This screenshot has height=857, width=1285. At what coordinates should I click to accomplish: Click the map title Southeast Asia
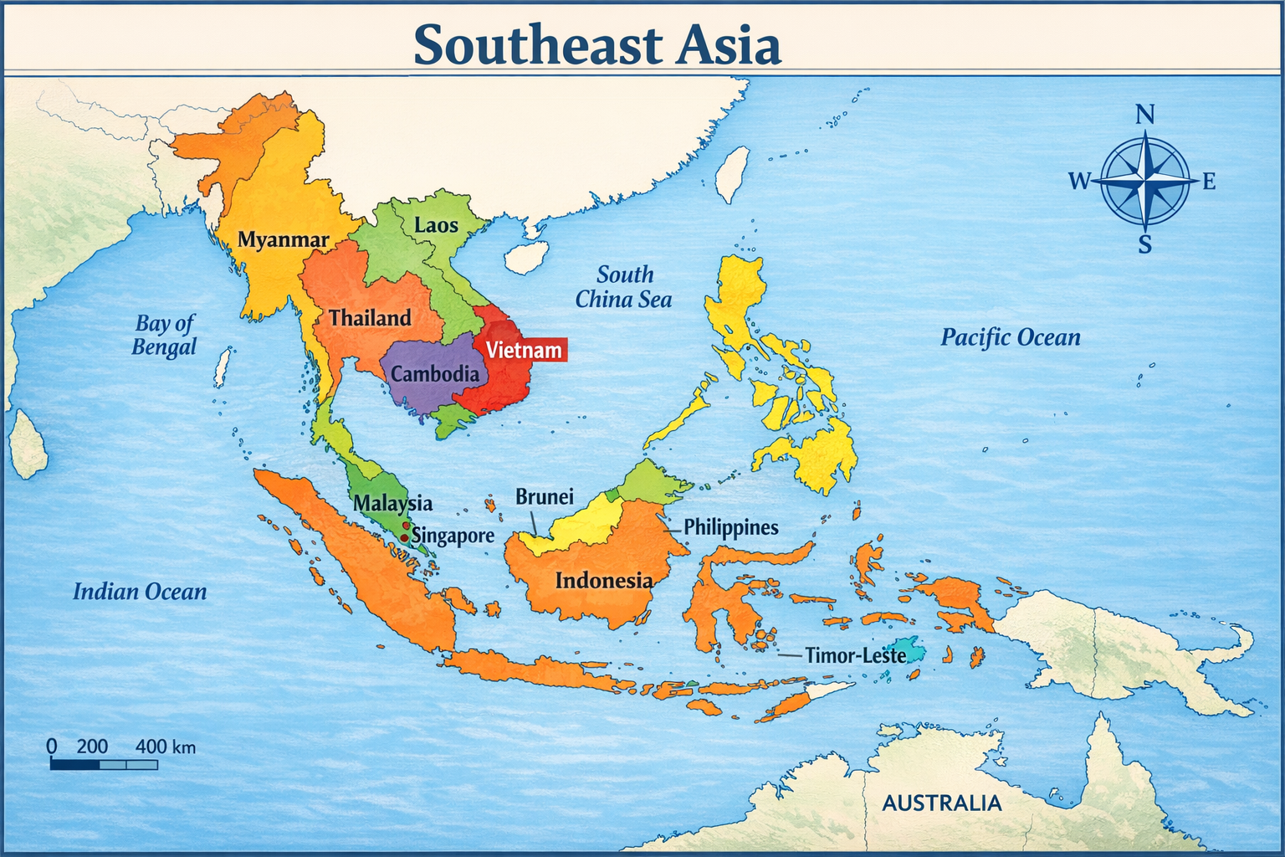[x=597, y=45]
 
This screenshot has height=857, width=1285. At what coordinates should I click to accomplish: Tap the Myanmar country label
[x=283, y=240]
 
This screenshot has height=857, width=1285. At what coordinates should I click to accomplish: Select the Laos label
[x=436, y=225]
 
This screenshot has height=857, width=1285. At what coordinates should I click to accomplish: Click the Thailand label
[x=370, y=318]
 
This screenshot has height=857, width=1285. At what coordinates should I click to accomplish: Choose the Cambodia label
[x=435, y=374]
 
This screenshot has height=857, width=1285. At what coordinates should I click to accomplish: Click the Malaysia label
[x=392, y=503]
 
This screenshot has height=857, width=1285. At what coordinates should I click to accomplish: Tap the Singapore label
[x=453, y=536]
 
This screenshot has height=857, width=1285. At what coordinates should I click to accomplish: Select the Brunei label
[x=544, y=497]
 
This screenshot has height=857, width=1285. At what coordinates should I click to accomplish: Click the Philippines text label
[x=730, y=527]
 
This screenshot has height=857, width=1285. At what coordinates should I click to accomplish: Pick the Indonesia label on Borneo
[x=603, y=581]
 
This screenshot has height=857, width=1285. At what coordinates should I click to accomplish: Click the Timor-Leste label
[x=854, y=655]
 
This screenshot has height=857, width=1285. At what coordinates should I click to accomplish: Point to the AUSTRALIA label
[x=942, y=803]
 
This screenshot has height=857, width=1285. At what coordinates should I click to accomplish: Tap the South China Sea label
[x=624, y=287]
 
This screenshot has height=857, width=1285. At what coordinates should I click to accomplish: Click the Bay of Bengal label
[x=164, y=335]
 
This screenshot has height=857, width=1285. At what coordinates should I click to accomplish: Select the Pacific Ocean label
[x=1010, y=338]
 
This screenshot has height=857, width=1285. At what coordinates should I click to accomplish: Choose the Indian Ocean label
[x=140, y=593]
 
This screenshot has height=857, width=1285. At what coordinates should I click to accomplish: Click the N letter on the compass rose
[x=1145, y=115]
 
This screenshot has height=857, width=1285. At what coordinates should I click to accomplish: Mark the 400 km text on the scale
[x=165, y=747]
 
